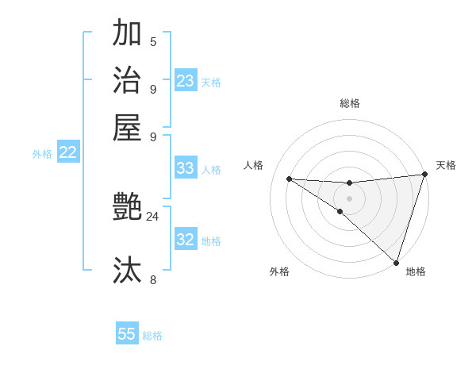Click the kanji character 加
click(x=127, y=33)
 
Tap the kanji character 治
click(x=127, y=81)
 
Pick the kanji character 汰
click(x=127, y=270)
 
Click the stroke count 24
click(x=152, y=216)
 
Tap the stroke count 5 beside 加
click(x=153, y=42)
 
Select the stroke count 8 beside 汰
click(x=153, y=279)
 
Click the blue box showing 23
click(x=186, y=81)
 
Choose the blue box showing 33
click(x=186, y=168)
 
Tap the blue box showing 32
click(x=186, y=240)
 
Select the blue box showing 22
click(x=67, y=153)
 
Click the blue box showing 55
click(x=127, y=334)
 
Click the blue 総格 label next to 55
click(x=152, y=336)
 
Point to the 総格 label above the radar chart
click(x=349, y=103)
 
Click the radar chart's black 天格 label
click(x=446, y=165)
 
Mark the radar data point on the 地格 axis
click(x=396, y=262)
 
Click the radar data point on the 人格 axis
click(x=289, y=179)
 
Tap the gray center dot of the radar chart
click(x=349, y=198)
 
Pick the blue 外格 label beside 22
click(x=42, y=155)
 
